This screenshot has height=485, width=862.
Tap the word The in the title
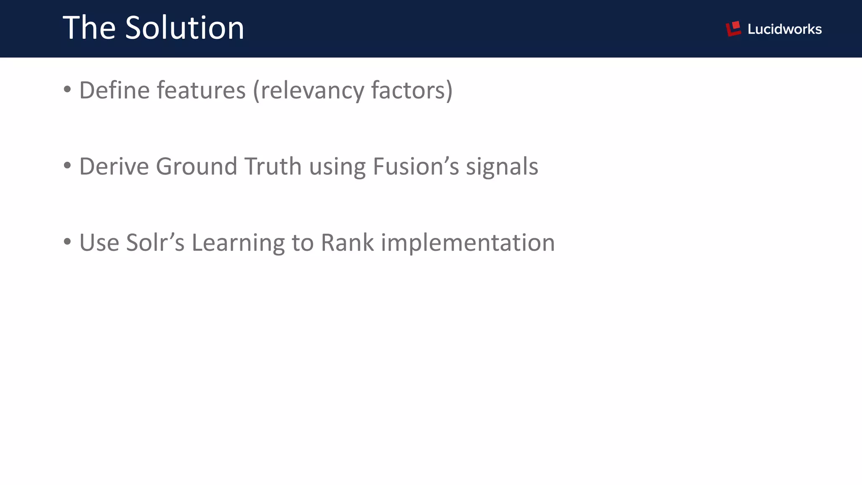coord(89,28)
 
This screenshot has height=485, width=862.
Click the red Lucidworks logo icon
coord(733,29)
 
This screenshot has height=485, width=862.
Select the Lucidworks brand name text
coord(784,29)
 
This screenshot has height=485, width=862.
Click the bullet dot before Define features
coord(67,89)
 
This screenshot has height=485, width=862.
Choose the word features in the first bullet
coord(201,90)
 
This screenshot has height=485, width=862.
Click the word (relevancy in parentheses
coord(308,91)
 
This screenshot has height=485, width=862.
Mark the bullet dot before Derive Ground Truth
coord(67,165)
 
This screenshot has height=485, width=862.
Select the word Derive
coord(114,166)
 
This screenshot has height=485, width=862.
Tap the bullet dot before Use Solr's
coord(67,242)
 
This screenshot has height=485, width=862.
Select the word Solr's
coord(155,242)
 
